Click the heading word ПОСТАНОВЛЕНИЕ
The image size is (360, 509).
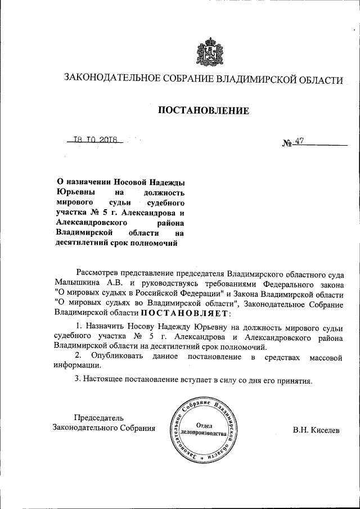[203, 111]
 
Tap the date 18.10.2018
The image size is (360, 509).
[94, 140]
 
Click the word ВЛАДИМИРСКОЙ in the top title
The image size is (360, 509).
[256, 80]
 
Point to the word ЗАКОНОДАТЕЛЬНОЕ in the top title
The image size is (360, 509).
[107, 80]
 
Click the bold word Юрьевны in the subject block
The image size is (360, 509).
[76, 192]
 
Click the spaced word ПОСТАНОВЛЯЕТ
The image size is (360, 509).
[184, 313]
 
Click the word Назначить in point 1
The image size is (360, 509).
[103, 327]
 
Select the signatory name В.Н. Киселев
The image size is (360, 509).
[316, 430]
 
